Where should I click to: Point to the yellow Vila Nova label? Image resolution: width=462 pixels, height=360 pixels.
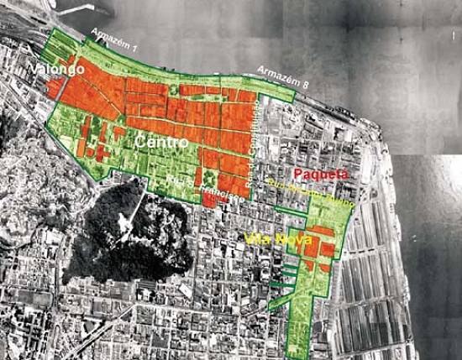273,238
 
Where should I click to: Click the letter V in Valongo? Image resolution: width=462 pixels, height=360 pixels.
35,66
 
